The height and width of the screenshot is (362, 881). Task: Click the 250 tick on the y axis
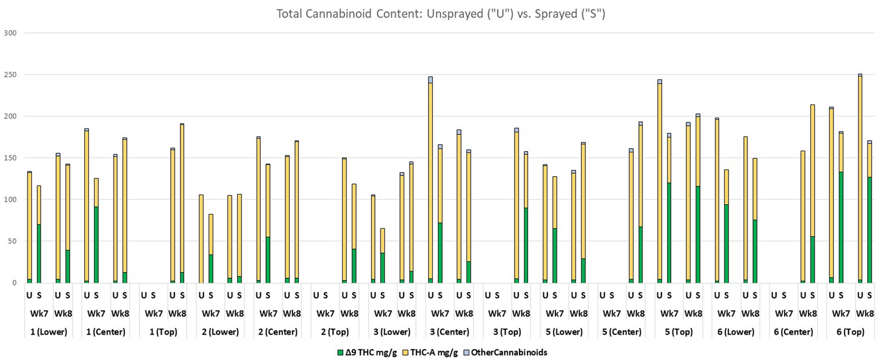point(10,74)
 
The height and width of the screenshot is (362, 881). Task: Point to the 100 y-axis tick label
point(10,199)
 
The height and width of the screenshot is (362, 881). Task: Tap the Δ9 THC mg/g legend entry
point(367,352)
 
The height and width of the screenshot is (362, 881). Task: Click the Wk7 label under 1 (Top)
point(154,314)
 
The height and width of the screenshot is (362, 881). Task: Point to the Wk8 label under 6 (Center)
point(808,314)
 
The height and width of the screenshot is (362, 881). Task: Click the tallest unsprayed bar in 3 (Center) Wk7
point(430,183)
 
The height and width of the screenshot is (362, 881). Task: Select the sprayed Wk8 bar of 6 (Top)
point(869,213)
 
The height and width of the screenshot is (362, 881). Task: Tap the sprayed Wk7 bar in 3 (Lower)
point(382,256)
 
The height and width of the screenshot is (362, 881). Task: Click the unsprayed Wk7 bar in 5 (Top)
point(660,183)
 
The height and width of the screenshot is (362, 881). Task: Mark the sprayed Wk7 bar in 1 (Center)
point(96,232)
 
